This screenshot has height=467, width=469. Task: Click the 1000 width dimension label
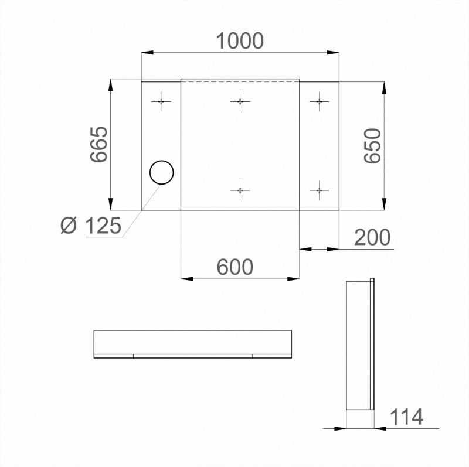pyautogui.click(x=240, y=40)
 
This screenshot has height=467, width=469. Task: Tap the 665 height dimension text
pyautogui.click(x=99, y=144)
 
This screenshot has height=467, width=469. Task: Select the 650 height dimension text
pyautogui.click(x=373, y=146)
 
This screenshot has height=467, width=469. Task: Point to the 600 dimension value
pyautogui.click(x=235, y=267)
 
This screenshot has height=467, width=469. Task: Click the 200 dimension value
pyautogui.click(x=372, y=237)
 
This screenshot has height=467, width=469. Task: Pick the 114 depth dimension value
pyautogui.click(x=407, y=417)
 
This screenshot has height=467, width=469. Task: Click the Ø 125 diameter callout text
pyautogui.click(x=91, y=226)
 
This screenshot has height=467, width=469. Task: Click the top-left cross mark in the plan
pyautogui.click(x=161, y=101)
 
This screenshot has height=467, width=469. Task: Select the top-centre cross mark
pyautogui.click(x=240, y=101)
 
